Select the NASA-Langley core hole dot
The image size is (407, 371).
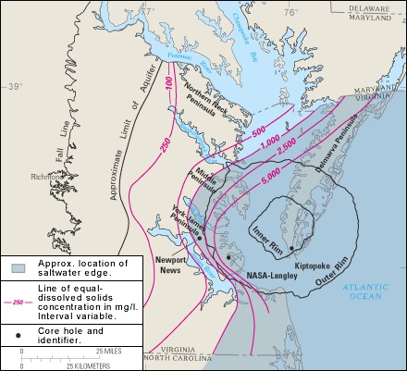point(228,256)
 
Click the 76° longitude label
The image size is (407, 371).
point(290,12)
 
